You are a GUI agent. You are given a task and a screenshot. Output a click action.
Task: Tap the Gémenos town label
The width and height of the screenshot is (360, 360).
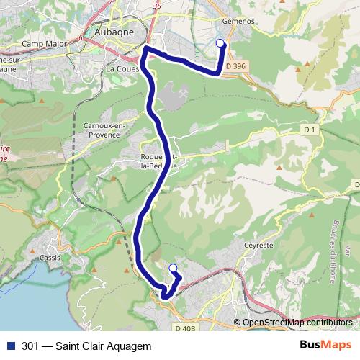coord(240,22)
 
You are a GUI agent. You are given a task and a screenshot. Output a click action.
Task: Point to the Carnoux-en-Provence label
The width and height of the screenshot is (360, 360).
coord(104,129)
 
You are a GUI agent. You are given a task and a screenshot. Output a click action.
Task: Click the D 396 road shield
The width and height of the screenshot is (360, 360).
coord(235,66)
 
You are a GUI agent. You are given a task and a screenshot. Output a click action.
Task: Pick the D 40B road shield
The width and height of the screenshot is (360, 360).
coord(185,328)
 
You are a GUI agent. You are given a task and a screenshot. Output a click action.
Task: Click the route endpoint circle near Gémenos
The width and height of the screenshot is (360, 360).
coord(221,42)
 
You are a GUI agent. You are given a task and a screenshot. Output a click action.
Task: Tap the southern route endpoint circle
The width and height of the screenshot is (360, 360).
coord(173,269)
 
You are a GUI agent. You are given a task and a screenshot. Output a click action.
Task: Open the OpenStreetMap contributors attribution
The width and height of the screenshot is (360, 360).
coord(297,322)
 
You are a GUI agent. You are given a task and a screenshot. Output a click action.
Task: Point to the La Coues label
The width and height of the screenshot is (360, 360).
coord(122,69)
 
